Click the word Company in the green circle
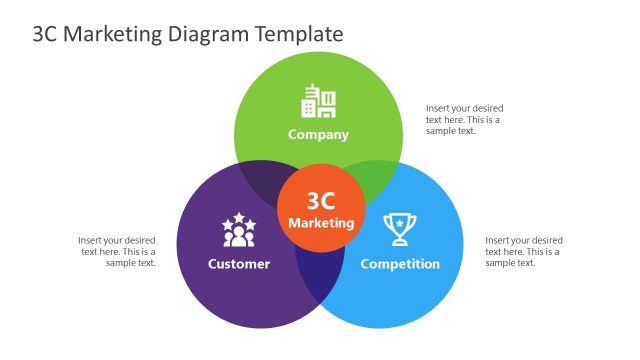[x=319, y=134]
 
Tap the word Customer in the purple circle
[x=239, y=264]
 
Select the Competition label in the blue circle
[x=400, y=264]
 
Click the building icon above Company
[x=319, y=102]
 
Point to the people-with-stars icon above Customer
[x=239, y=231]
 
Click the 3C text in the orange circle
[x=320, y=201]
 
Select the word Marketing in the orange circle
[x=320, y=222]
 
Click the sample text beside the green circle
[x=464, y=119]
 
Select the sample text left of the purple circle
[x=117, y=251]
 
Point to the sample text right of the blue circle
[x=524, y=251]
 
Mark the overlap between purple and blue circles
[x=320, y=280]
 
